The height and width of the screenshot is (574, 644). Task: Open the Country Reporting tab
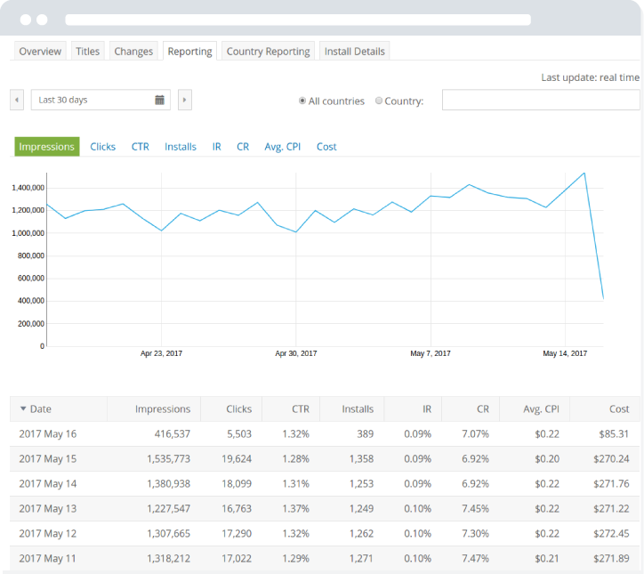click(x=268, y=52)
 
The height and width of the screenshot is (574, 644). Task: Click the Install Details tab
click(x=354, y=52)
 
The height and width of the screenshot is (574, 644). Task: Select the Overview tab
click(x=40, y=52)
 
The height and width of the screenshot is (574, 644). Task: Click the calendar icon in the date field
click(x=160, y=101)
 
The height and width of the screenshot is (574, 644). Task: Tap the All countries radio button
click(x=303, y=101)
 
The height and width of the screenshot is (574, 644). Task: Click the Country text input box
click(x=540, y=101)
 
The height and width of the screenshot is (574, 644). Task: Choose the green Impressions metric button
click(x=47, y=147)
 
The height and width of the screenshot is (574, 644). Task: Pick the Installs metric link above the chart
click(x=181, y=147)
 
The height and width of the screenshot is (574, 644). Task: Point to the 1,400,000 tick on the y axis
click(x=28, y=189)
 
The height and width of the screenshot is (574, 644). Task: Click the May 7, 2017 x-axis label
click(x=431, y=353)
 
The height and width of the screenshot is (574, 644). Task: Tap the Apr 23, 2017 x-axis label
click(x=161, y=353)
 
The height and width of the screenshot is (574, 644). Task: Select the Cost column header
click(x=619, y=409)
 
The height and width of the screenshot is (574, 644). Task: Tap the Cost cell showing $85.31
click(x=613, y=434)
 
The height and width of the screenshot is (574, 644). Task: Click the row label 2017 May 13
click(x=48, y=509)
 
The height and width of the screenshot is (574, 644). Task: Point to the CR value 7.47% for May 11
click(x=476, y=558)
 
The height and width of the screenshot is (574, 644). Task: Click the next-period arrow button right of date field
click(x=184, y=101)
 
